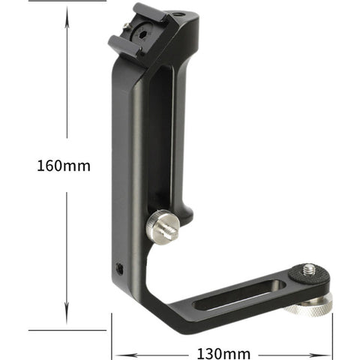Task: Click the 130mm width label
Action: [223, 352]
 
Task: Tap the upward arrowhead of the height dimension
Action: [66, 11]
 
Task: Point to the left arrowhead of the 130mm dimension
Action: [116, 352]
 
